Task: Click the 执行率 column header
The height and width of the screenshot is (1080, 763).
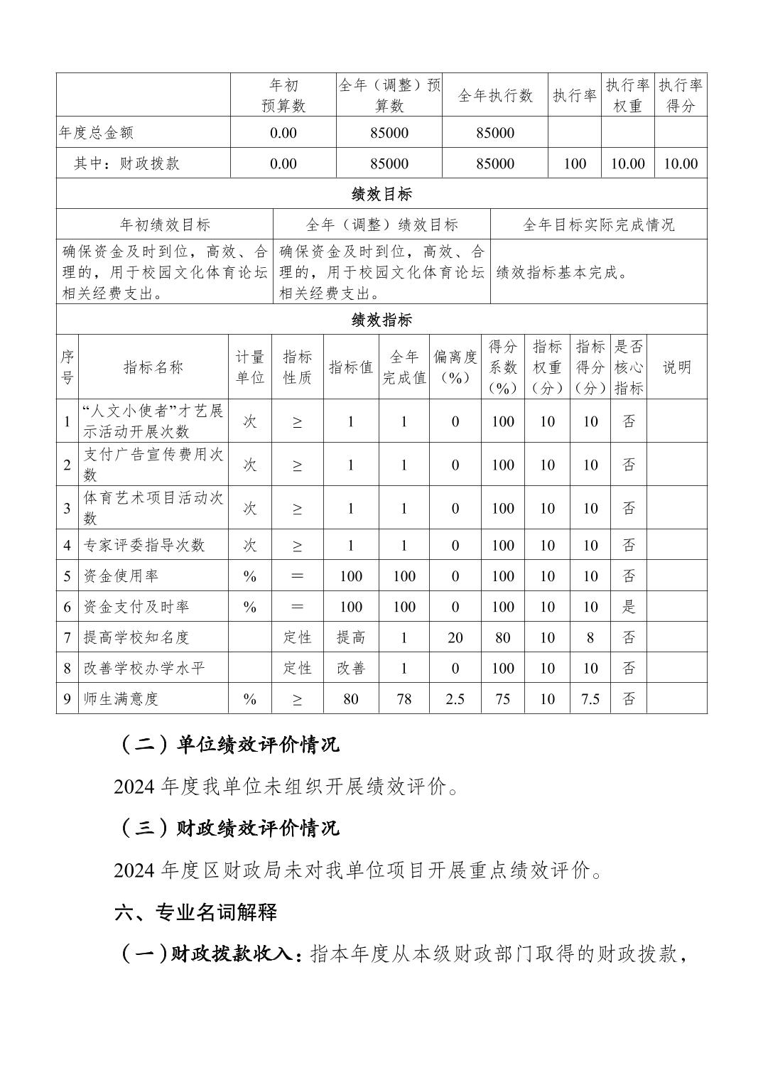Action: click(574, 95)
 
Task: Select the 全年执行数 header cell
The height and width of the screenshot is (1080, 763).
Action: click(494, 95)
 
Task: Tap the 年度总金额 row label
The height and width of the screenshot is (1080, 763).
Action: click(97, 133)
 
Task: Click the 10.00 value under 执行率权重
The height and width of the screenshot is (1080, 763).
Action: click(627, 163)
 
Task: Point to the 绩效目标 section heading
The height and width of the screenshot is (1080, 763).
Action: click(381, 194)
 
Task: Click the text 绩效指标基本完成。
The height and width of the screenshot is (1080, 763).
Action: click(563, 272)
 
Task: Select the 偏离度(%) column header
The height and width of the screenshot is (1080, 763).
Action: click(455, 367)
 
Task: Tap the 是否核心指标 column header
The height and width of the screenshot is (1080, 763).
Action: click(628, 367)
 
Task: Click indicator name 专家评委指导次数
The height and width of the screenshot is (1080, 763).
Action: click(144, 546)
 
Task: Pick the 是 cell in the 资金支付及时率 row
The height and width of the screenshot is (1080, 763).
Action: click(628, 607)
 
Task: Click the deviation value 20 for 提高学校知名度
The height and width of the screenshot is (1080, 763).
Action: click(455, 637)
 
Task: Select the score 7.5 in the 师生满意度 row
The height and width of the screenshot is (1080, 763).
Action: click(590, 698)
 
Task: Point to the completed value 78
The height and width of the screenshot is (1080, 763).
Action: click(404, 698)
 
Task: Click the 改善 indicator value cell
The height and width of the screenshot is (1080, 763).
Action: click(350, 668)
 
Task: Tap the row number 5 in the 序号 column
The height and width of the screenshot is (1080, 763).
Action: click(67, 576)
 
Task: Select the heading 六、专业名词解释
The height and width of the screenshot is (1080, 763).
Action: click(195, 912)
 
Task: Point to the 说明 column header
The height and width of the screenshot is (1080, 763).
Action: click(676, 367)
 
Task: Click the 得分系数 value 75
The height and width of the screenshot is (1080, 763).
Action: click(502, 698)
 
